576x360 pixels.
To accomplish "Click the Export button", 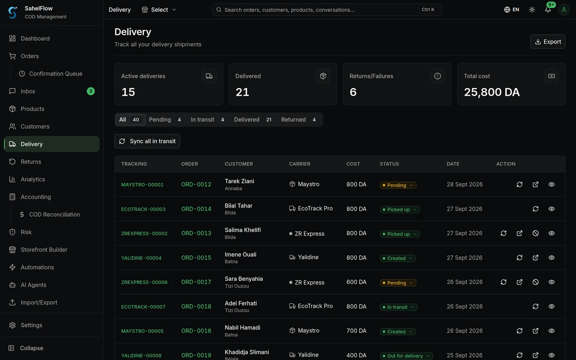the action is pos(548,42).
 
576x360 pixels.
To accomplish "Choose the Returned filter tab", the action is pos(298,120).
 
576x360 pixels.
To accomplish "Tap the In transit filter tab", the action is pos(207,120).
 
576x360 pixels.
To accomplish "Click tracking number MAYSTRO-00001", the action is pos(142,185).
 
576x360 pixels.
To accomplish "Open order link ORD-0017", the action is pos(196,282).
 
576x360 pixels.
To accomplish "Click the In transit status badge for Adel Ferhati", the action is pos(398,307).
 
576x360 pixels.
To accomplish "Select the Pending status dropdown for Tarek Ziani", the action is pos(398,185).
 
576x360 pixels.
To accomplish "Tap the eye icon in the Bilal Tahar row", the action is pos(551,209).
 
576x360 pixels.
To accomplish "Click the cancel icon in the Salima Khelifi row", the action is pos(535,233).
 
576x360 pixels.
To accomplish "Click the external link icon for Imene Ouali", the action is pos(535,258).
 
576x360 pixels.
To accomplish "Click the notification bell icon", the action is pos(548,10).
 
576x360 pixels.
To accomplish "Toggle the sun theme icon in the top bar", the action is pos(532,10).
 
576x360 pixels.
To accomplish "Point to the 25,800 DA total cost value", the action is pos(492,92).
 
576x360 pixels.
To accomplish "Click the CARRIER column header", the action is pos(300,164).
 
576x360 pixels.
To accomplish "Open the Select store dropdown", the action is pos(159,10).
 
